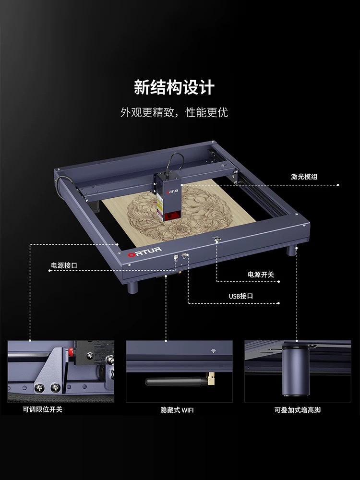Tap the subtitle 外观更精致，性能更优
pos(174,113)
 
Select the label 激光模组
pos(304,177)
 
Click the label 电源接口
pos(64,264)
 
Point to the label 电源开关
pos(261,275)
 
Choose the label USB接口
pos(240,296)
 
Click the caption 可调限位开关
pos(42,409)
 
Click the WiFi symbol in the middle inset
pos(212,351)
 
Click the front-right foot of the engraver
pos(291,251)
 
